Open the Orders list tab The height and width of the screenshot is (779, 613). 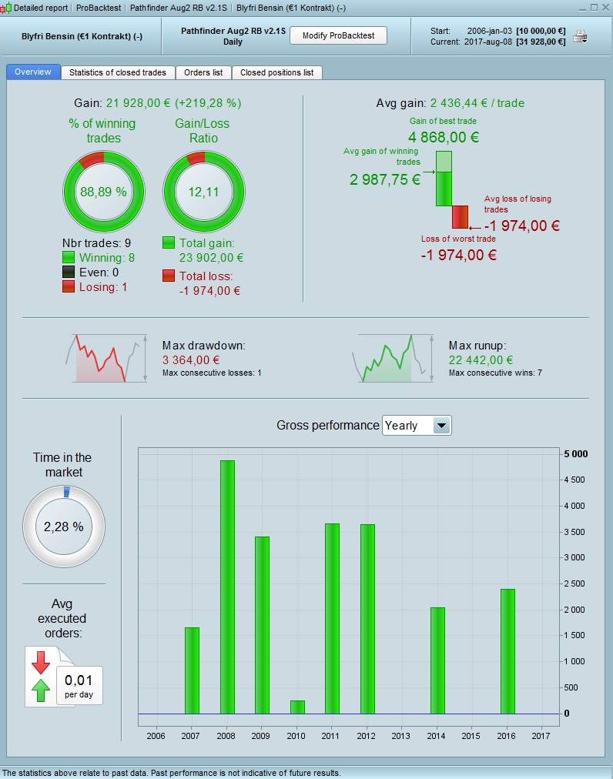[x=203, y=72]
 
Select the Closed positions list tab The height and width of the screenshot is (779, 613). [x=276, y=72]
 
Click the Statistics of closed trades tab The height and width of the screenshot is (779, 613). [x=117, y=72]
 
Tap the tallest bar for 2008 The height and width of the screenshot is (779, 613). [x=227, y=587]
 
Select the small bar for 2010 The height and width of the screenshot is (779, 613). [x=297, y=707]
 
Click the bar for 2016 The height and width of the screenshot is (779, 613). [x=507, y=651]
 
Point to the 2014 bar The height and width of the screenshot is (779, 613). [x=437, y=660]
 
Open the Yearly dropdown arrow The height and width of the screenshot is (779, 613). [x=441, y=425]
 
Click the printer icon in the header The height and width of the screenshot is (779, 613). [x=581, y=36]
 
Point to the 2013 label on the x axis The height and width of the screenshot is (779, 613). [x=401, y=735]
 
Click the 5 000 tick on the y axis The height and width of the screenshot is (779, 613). [x=575, y=454]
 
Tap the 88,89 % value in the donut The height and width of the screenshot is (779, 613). [x=103, y=192]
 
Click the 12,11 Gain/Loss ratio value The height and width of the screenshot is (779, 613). [x=204, y=192]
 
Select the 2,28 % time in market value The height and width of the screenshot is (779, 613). [x=63, y=527]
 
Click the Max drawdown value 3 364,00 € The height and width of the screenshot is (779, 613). [x=191, y=359]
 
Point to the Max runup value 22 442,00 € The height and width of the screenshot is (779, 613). [x=481, y=359]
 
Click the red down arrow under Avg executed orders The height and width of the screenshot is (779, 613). [x=41, y=660]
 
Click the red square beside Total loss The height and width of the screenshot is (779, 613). [x=169, y=276]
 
